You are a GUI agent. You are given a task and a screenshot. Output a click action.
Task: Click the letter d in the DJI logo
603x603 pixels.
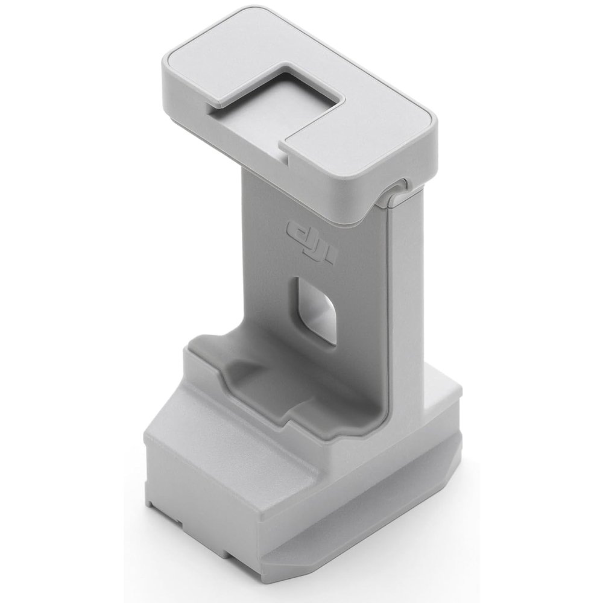tap(296, 230)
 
